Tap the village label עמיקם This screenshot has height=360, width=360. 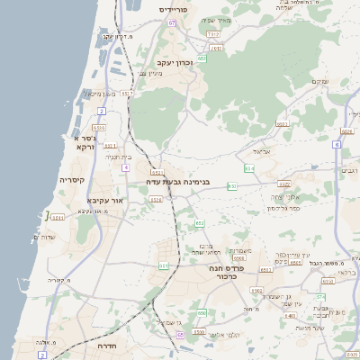coord(319,81)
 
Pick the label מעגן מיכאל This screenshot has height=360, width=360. coord(99,93)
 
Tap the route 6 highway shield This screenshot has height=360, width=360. coord(337,144)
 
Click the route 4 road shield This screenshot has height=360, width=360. coord(125,167)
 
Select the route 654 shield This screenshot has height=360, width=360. coord(249,167)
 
